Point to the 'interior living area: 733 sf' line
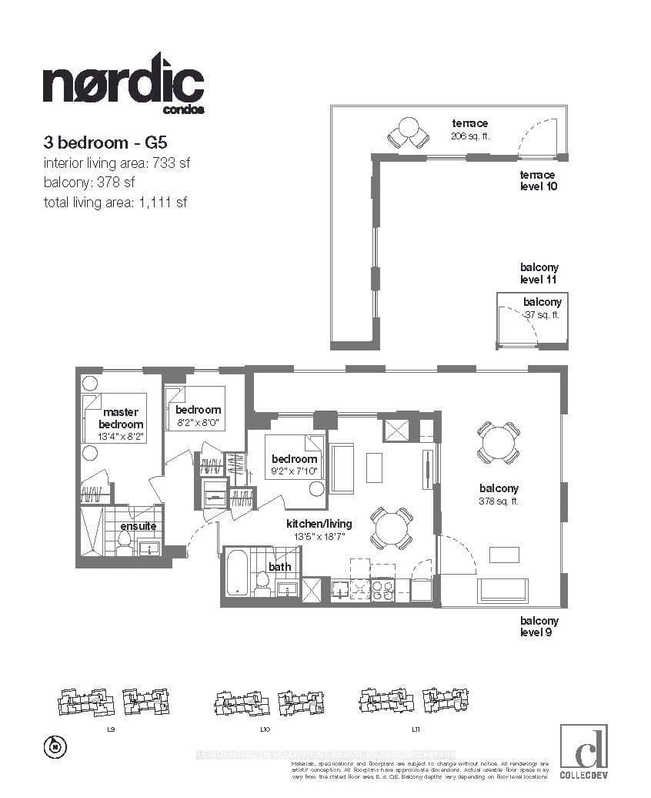(116, 163)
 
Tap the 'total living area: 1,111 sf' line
(115, 203)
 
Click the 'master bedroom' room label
(121, 418)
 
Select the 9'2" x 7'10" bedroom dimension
(292, 471)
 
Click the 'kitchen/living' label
(319, 524)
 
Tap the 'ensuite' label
(139, 526)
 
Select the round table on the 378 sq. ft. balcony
(499, 442)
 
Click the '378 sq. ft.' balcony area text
(499, 501)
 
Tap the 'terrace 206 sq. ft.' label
(469, 129)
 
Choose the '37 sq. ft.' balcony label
(542, 314)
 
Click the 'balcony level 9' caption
(539, 627)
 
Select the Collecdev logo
(583, 747)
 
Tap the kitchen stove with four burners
(382, 590)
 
